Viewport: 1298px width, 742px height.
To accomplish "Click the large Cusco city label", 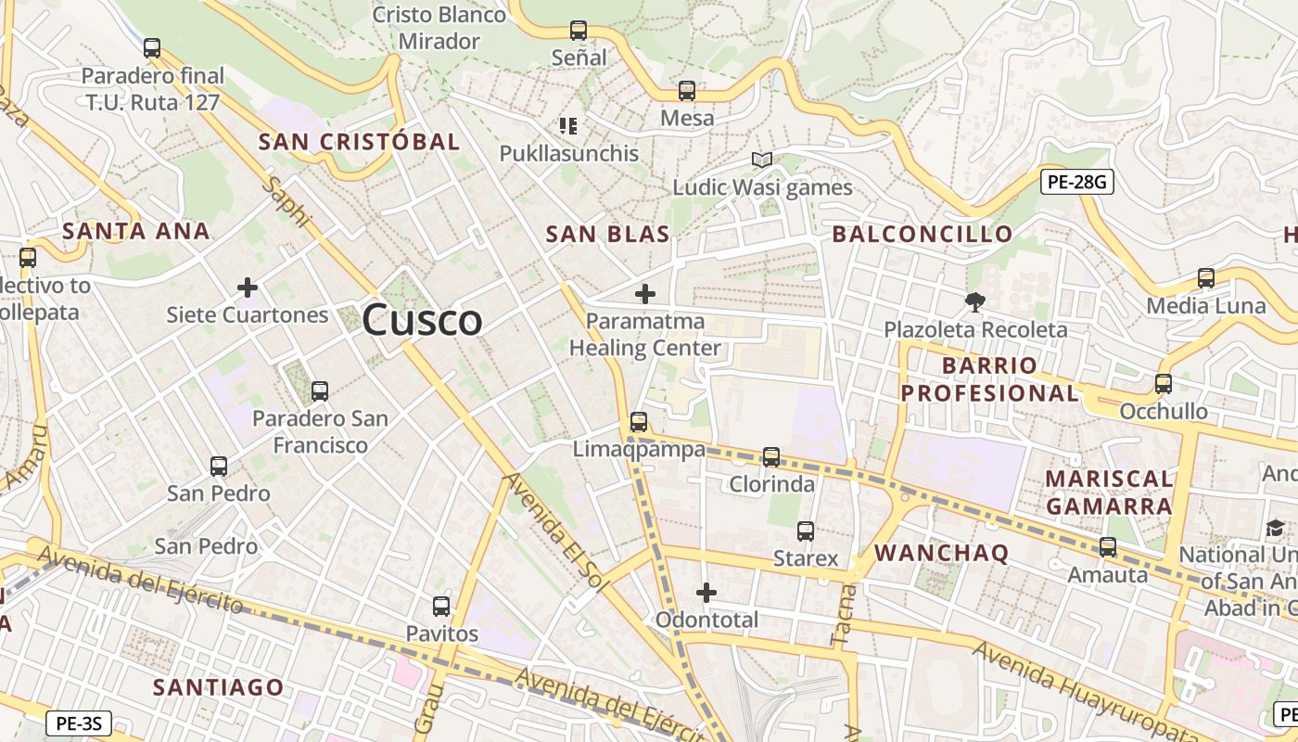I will [x=422, y=321].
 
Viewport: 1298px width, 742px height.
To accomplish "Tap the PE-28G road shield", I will [x=1075, y=182].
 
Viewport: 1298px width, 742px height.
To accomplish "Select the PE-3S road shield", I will [x=78, y=723].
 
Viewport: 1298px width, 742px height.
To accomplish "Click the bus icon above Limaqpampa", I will [x=639, y=422].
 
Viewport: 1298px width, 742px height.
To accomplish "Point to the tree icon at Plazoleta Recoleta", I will [x=974, y=301].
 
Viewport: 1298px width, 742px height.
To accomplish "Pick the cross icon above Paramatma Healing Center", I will [x=645, y=294].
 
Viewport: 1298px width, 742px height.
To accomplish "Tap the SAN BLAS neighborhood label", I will [x=607, y=235].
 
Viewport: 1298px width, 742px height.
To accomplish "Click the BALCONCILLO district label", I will [x=922, y=234].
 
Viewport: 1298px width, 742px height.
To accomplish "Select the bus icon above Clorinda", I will [x=771, y=456].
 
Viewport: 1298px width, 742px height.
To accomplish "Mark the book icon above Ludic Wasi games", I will [x=762, y=160].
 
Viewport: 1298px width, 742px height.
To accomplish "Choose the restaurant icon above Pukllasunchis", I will [x=568, y=125].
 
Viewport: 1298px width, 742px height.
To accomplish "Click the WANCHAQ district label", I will [x=941, y=553].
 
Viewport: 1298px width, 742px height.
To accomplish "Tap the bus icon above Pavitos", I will [x=441, y=607].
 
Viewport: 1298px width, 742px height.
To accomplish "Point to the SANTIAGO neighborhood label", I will [x=218, y=687].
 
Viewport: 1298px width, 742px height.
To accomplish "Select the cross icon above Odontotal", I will [x=706, y=592].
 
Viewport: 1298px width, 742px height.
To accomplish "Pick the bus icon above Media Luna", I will [x=1205, y=277].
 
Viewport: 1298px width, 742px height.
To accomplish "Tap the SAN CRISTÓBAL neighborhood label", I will [x=359, y=142].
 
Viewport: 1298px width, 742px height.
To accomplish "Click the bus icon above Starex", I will [x=806, y=531].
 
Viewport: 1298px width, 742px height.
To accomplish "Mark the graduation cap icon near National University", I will [x=1276, y=528].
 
